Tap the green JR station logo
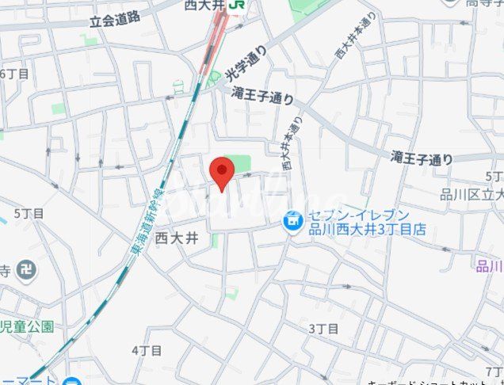235,6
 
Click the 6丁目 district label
14,74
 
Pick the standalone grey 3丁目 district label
323,328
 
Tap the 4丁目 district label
147,349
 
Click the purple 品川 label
489,265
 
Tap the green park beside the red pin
237,163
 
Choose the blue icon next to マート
73,381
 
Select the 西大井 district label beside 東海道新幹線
176,237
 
